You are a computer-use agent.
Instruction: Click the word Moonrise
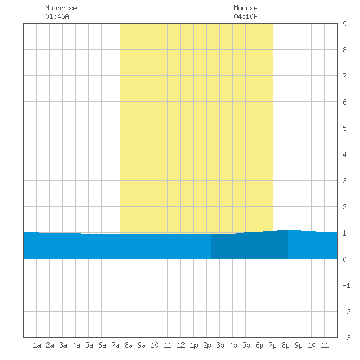[61, 8]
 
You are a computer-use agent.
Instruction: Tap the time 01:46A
[57, 16]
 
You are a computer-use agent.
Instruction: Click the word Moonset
[247, 8]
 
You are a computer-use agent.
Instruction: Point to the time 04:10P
[245, 16]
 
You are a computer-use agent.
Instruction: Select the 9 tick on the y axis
[344, 24]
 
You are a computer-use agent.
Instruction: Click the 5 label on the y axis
[344, 128]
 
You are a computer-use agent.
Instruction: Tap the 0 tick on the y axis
[344, 259]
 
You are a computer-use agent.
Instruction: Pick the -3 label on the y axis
[347, 338]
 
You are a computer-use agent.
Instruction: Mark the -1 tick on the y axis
[347, 285]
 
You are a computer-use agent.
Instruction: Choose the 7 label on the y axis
[344, 76]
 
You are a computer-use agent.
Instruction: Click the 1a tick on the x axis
[37, 345]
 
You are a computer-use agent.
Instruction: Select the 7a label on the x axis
[115, 345]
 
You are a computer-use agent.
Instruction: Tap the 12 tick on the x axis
[181, 345]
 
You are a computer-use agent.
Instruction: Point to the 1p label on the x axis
[194, 345]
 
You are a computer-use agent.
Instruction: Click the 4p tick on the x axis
[233, 345]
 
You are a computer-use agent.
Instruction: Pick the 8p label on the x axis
[285, 345]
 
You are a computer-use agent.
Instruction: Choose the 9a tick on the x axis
[141, 345]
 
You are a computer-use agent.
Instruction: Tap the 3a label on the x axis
[63, 345]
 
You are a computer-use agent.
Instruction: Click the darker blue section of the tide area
[249, 246]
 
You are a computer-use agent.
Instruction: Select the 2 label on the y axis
[344, 207]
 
